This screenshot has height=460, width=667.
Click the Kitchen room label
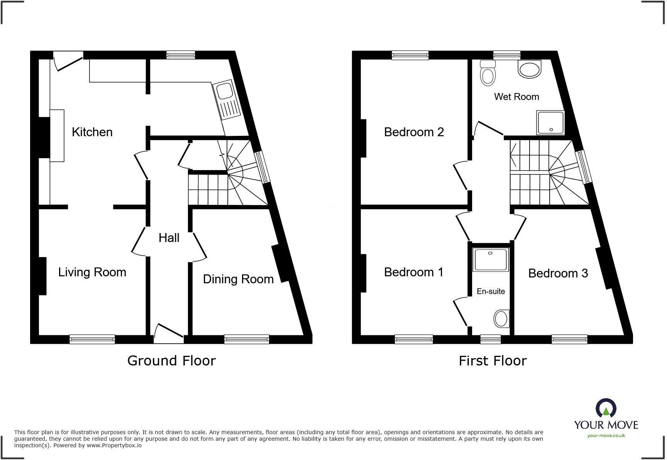(x=92, y=132)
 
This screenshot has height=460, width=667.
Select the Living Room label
(x=92, y=272)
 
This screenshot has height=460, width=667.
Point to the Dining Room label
(x=238, y=279)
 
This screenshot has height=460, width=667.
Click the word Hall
(x=169, y=238)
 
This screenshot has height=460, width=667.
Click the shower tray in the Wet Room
(x=550, y=123)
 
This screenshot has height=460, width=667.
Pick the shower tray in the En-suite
(x=490, y=260)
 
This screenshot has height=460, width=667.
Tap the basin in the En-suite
(x=501, y=319)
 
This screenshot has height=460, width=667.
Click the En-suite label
(x=491, y=291)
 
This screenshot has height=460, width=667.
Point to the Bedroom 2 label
(x=414, y=132)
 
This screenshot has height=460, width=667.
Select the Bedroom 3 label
(x=558, y=273)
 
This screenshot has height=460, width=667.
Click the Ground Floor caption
(x=171, y=361)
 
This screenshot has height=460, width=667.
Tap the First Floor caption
(x=493, y=361)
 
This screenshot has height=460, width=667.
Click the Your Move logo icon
(x=606, y=408)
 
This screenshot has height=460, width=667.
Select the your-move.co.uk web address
(x=606, y=436)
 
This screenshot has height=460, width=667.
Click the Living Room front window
(x=92, y=339)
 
